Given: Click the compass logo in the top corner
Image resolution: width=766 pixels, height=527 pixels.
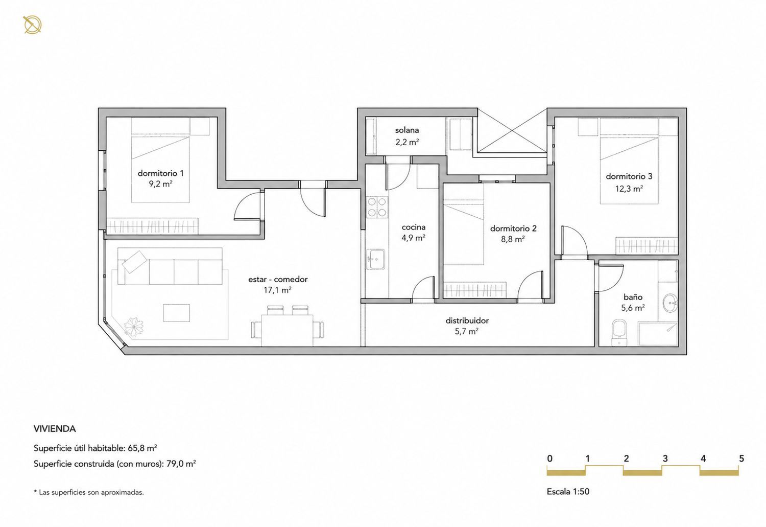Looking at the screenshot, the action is point(32,25).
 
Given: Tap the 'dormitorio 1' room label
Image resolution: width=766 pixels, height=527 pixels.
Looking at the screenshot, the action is point(160,173).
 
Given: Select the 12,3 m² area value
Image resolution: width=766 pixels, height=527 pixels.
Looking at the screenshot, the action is point(629,188).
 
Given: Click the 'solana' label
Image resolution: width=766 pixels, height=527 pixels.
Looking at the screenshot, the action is point(407,130).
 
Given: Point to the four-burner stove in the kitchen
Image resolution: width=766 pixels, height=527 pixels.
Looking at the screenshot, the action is point(377,208).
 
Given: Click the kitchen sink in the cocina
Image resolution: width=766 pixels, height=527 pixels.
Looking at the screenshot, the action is point(375,259).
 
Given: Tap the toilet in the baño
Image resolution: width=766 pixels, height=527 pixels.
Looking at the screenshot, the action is point(619,333).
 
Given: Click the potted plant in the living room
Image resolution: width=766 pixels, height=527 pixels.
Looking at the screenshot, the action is point(134,327).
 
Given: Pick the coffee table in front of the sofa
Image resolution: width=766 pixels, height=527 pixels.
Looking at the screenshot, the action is point(177,313).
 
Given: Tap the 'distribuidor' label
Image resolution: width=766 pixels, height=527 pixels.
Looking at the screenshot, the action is point(467,320).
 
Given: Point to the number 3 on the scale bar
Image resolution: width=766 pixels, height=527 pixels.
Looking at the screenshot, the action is point(665,459).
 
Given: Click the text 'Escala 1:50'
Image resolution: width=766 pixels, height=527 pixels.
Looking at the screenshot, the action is point(568,492).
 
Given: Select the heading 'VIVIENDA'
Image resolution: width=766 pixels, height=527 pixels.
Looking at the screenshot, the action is point(55,429).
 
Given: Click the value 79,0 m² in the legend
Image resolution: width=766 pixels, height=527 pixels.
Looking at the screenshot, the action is point(181,464).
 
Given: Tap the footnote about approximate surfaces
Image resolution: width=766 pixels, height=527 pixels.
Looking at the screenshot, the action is point(88,492).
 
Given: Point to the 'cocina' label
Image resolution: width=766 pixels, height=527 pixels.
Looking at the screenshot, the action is point(414,227).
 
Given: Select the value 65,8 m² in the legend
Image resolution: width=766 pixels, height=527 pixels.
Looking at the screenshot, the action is point(142,448).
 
